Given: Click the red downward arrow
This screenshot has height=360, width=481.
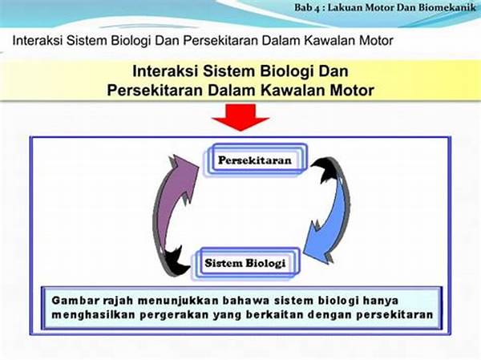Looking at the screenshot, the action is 240,117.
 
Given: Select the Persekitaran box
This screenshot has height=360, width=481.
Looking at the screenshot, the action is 255,160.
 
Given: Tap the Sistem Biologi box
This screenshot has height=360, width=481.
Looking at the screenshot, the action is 245,263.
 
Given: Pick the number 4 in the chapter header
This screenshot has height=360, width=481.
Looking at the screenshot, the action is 317,8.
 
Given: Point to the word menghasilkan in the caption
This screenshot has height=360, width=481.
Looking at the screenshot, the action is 93,315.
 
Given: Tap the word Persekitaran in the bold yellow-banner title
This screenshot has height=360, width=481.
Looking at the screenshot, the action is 155,91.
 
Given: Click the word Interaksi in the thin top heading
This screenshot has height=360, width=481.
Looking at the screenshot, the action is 38,41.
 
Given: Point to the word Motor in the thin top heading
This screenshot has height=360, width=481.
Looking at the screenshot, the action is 376,41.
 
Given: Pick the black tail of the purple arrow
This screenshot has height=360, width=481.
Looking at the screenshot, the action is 176,261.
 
